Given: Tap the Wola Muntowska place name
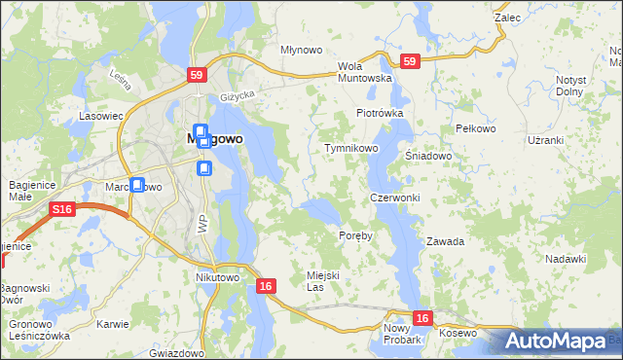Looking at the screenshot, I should click(364, 72).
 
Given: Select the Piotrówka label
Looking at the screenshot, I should click(379, 113).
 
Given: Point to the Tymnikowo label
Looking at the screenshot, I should click(350, 148).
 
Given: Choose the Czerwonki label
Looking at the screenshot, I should click(394, 198).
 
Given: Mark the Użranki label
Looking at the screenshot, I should click(545, 140).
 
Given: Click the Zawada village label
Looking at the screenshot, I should click(445, 241).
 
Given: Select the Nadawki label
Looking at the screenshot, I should click(566, 258).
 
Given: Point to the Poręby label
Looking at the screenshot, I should click(354, 236).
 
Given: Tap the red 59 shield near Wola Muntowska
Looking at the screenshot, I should click(409, 61).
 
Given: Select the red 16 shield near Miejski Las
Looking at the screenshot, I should click(266, 285).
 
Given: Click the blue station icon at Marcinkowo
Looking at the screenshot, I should click(137, 184).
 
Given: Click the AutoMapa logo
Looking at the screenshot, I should click(556, 342).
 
